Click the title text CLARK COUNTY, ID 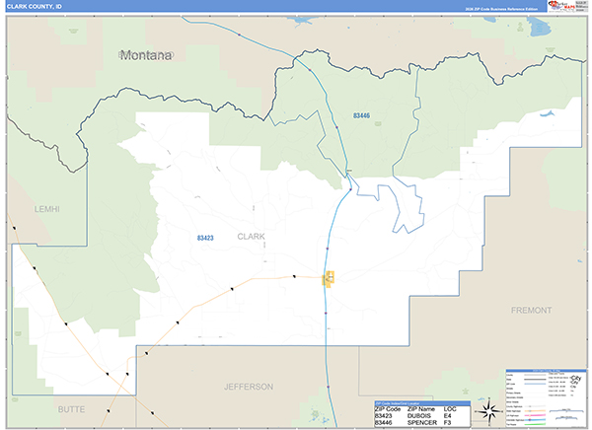click(x=33, y=6)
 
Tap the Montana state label click(x=145, y=55)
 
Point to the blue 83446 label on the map click(x=361, y=116)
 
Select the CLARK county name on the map click(x=252, y=236)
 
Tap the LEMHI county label click(x=45, y=209)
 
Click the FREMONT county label click(x=532, y=310)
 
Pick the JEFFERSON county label click(x=248, y=387)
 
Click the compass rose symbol click(x=486, y=411)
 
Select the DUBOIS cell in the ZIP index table click(x=421, y=416)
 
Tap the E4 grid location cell click(x=448, y=416)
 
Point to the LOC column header click(x=451, y=408)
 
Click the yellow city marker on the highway click(x=331, y=279)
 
